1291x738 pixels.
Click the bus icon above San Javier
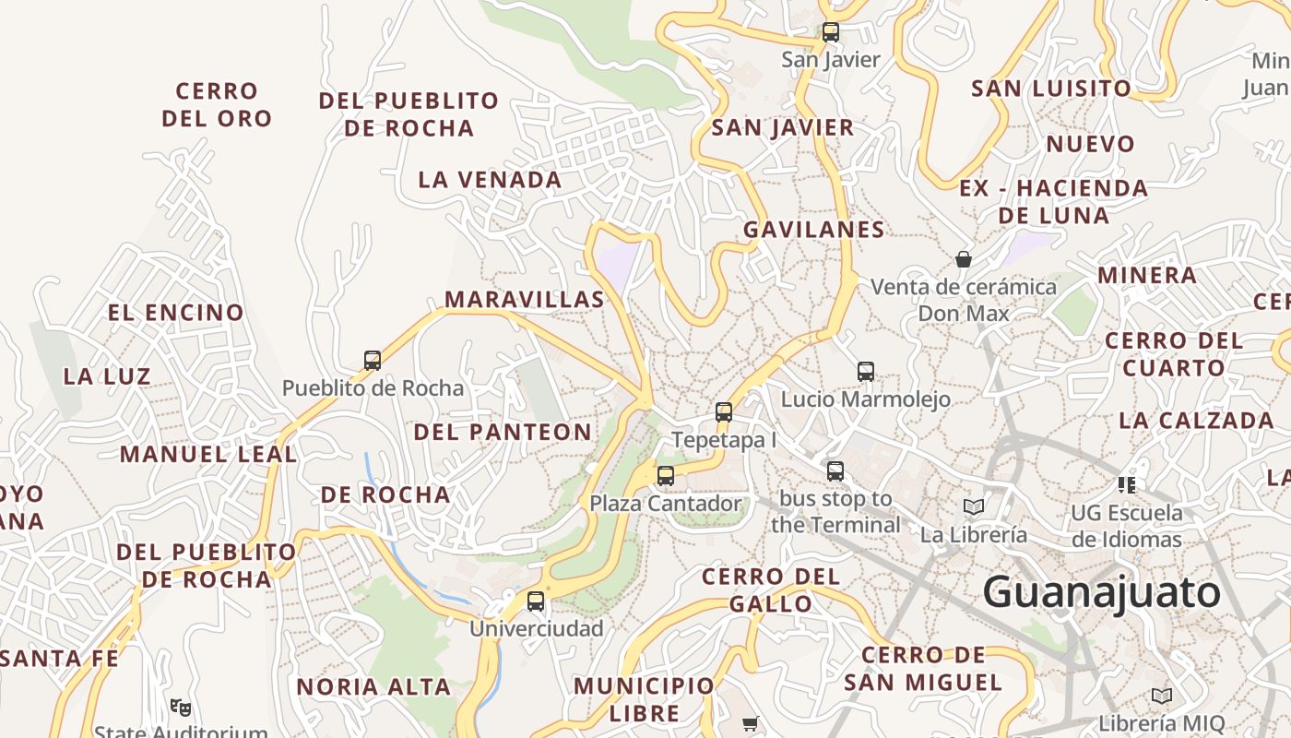click(x=830, y=32)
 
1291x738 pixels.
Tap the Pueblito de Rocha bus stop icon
click(x=373, y=361)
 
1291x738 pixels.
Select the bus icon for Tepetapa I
click(x=724, y=412)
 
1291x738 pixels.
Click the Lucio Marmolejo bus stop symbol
click(x=865, y=372)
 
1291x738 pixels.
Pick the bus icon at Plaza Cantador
click(x=665, y=476)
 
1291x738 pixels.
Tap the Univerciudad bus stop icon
click(x=535, y=601)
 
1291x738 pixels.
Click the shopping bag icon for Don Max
click(x=964, y=259)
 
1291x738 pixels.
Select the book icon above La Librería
click(x=974, y=506)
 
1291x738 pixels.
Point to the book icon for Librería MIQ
click(x=1162, y=696)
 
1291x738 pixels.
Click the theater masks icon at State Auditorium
click(x=181, y=708)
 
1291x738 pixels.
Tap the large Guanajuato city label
click(x=1101, y=591)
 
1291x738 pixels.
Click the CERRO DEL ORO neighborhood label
click(x=217, y=105)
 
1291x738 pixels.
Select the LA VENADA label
click(x=490, y=180)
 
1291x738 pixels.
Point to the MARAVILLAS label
click(x=524, y=299)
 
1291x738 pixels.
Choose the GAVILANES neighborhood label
click(x=813, y=230)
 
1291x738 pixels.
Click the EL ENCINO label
click(x=175, y=313)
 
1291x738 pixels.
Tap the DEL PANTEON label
click(x=502, y=432)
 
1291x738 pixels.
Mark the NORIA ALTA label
click(x=373, y=687)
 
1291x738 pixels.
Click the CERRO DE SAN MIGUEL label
click(x=922, y=669)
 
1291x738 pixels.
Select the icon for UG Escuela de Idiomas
click(x=1126, y=484)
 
